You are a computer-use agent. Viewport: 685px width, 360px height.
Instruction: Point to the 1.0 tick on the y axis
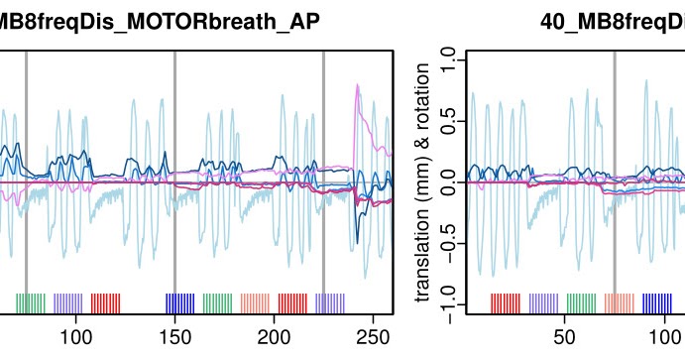tap(448, 62)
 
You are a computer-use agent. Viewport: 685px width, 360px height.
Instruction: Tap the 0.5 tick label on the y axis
tap(448, 122)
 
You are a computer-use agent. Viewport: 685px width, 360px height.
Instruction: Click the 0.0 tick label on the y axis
tap(448, 182)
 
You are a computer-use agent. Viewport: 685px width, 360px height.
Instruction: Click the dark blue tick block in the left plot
tap(179, 303)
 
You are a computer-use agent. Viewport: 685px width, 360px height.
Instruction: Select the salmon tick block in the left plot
tap(255, 303)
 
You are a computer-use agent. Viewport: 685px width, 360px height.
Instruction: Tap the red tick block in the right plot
tap(506, 303)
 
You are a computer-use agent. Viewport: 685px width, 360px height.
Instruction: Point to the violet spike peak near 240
tap(358, 86)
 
